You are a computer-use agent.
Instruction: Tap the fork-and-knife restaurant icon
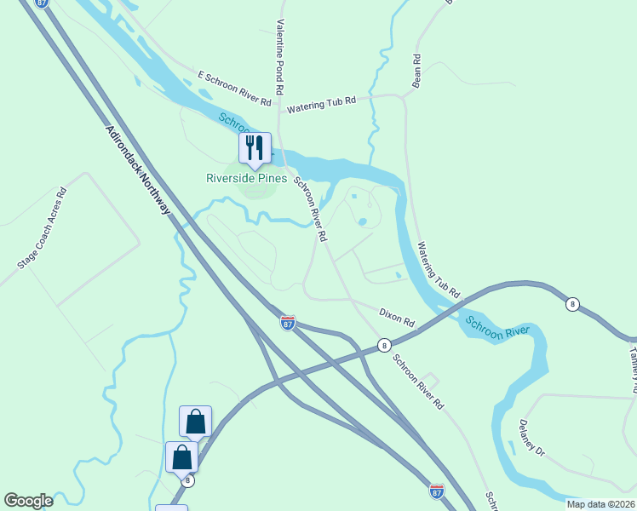[255, 148]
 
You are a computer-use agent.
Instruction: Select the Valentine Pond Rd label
[278, 57]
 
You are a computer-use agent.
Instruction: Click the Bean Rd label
[416, 72]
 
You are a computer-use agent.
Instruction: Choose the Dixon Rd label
[396, 319]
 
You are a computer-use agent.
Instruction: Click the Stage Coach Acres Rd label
[42, 228]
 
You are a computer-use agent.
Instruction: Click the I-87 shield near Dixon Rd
[289, 324]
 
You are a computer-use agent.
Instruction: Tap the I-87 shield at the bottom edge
[436, 491]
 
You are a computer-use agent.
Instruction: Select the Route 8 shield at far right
[573, 303]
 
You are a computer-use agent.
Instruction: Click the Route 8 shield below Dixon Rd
[385, 346]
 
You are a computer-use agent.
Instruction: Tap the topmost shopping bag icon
[195, 422]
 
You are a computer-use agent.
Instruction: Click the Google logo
[28, 501]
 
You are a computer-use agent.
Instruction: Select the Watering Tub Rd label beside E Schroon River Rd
[320, 106]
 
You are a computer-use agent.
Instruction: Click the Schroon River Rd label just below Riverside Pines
[311, 210]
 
